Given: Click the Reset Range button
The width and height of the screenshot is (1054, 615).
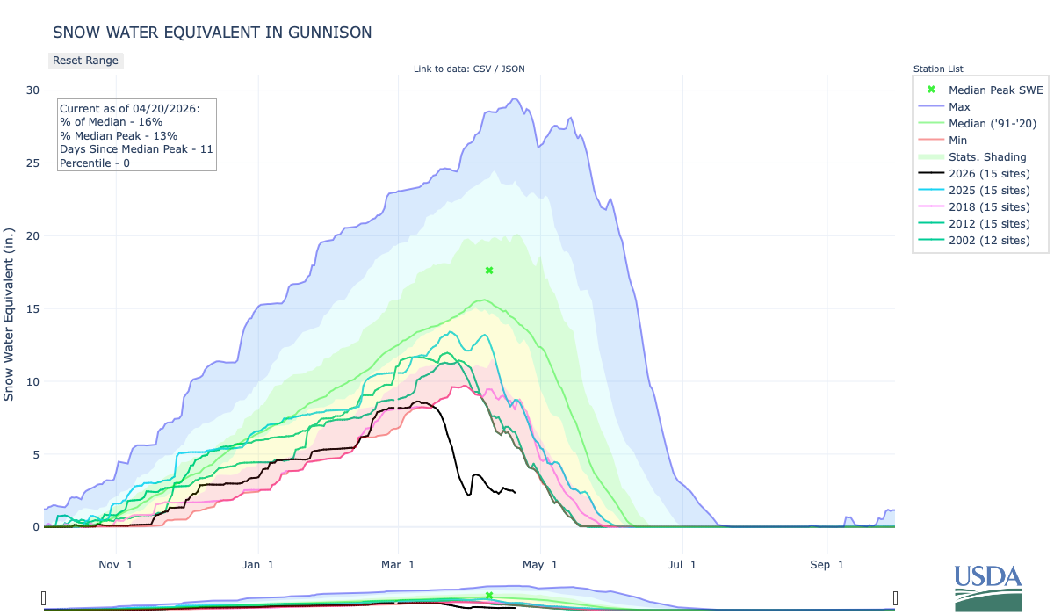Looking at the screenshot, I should point(85,61).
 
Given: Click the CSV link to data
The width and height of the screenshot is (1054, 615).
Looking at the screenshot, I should point(481,69).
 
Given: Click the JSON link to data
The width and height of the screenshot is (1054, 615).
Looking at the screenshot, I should point(512,69).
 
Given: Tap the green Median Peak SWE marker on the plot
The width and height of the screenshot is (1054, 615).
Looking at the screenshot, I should point(489,271).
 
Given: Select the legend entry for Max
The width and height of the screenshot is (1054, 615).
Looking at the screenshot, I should point(959,106).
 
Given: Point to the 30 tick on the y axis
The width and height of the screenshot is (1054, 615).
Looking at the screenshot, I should point(32,90).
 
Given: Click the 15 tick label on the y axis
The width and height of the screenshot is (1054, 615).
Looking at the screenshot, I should point(32,308).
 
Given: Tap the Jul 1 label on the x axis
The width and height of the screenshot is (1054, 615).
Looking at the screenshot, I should point(681,565).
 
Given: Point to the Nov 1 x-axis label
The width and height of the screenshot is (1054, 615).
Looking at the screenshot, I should point(116,565).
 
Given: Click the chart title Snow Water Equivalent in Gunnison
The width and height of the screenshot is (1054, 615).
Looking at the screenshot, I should point(212,33).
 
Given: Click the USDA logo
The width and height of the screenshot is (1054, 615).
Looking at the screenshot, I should point(988,586).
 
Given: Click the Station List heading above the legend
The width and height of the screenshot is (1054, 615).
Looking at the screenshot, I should point(937,69).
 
